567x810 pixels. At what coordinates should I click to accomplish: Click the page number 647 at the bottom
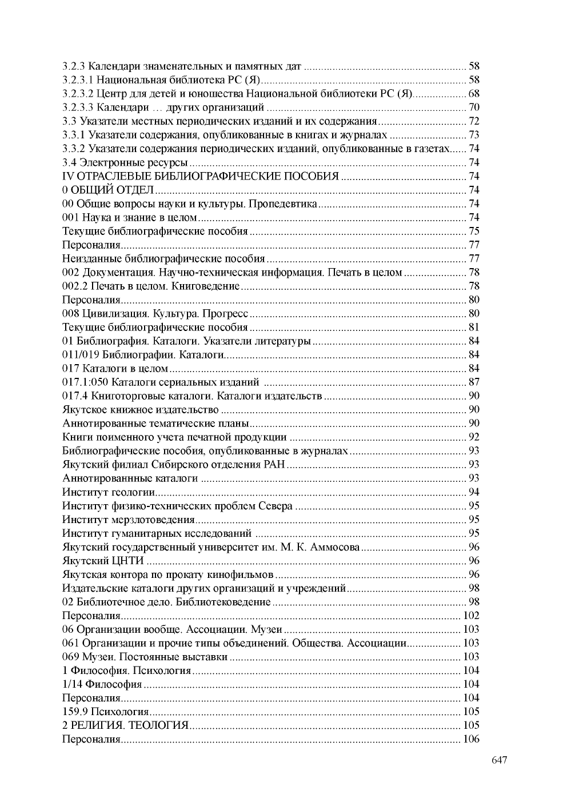[499, 760]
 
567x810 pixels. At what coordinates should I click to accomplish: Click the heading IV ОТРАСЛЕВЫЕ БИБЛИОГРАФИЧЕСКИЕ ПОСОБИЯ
[201, 176]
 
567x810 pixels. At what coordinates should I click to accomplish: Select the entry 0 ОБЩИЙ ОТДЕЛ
[108, 190]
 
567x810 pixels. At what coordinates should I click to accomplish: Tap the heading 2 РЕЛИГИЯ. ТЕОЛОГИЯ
[125, 725]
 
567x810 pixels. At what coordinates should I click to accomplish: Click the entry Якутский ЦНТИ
[103, 561]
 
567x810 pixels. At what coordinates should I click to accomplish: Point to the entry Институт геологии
[109, 492]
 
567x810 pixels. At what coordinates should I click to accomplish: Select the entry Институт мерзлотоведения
[129, 520]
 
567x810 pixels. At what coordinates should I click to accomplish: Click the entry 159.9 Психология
[105, 712]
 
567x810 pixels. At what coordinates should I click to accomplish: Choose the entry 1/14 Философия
[102, 684]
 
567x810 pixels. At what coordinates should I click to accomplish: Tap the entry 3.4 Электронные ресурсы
[125, 162]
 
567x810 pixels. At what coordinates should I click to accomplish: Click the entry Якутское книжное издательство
[141, 409]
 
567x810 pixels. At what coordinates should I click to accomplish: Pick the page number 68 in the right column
[474, 94]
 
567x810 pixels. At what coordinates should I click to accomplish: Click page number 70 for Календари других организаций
[474, 107]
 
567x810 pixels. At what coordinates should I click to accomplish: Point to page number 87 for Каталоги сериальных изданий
[474, 382]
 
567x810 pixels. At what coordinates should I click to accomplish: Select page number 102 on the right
[471, 616]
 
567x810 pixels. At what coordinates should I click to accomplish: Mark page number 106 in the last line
[471, 739]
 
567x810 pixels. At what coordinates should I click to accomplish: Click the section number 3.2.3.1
[78, 80]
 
